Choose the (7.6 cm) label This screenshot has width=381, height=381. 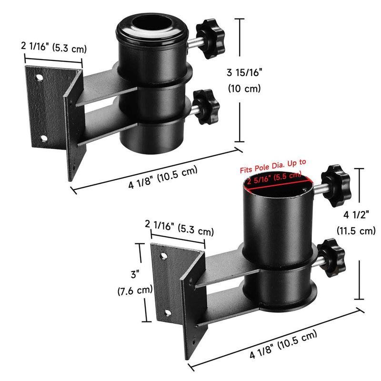(x=135, y=290)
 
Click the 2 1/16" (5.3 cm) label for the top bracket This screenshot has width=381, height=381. (x=53, y=47)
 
